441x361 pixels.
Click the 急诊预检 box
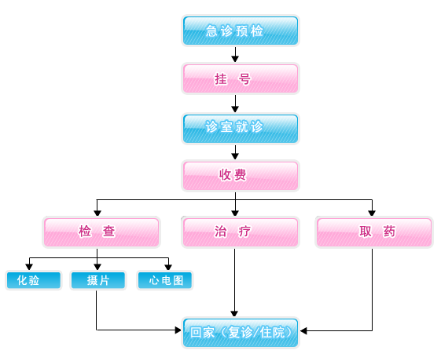coord(241,31)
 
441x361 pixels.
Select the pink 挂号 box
coord(241,78)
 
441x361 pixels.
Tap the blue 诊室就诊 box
coord(241,129)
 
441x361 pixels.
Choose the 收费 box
coord(241,176)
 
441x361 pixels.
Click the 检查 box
coord(101,232)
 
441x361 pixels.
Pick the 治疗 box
coord(241,232)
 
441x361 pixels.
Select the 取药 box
coord(374,232)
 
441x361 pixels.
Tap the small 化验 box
coord(34,280)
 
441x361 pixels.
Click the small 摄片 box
coord(98,280)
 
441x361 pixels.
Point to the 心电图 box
coord(165,280)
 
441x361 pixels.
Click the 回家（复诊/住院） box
coord(241,333)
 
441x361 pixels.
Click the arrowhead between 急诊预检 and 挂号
coord(235,59)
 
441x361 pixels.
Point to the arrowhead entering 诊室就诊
coord(235,109)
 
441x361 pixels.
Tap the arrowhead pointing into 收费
coord(235,156)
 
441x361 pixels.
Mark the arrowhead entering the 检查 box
coord(97,213)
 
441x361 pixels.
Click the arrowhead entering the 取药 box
coord(372,213)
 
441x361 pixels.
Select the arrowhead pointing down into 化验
coord(29,267)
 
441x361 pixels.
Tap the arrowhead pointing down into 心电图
coord(168,267)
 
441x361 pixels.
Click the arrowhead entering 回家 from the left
coord(178,330)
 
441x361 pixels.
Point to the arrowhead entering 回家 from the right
coord(303,330)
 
